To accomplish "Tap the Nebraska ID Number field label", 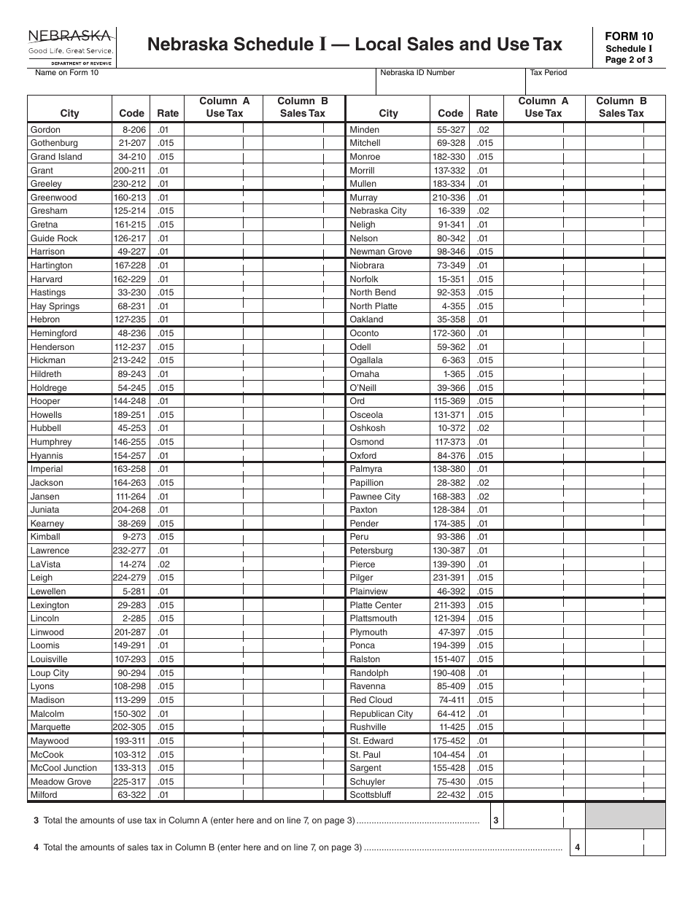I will click(417, 73).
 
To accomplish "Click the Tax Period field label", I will click(548, 73).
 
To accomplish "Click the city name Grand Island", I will click(56, 157).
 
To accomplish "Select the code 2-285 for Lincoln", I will click(132, 618).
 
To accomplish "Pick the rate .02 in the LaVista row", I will click(162, 564).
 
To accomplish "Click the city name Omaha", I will click(364, 374).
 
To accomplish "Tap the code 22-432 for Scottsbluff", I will click(451, 795).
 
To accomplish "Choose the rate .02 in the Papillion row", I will click(482, 483).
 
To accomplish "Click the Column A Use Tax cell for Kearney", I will click(224, 524).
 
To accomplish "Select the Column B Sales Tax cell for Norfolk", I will click(625, 279).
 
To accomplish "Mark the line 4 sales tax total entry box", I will click(625, 847).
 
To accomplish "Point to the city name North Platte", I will click(373, 306).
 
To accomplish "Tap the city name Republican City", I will click(381, 714).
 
